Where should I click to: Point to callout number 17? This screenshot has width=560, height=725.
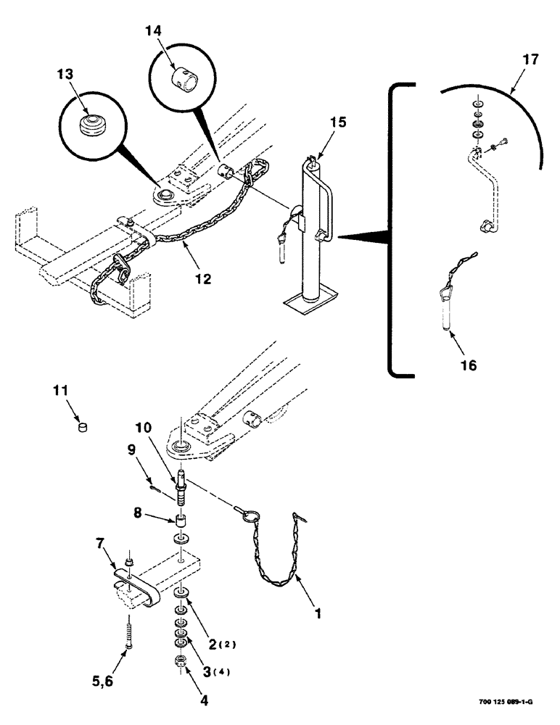pyautogui.click(x=530, y=60)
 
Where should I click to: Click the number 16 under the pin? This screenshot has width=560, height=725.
pyautogui.click(x=469, y=365)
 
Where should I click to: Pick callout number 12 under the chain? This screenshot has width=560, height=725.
pyautogui.click(x=204, y=278)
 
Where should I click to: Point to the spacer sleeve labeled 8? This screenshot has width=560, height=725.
pyautogui.click(x=179, y=521)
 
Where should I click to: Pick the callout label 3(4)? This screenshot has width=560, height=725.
pyautogui.click(x=215, y=671)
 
